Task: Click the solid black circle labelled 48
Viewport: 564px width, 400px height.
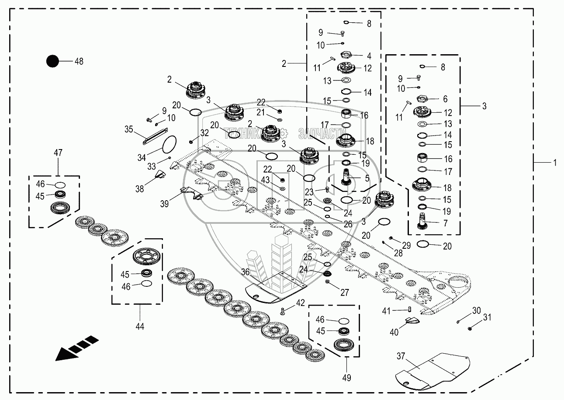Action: [52, 61]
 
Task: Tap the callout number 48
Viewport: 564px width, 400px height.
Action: [79, 62]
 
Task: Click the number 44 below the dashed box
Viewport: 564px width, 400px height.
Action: [139, 326]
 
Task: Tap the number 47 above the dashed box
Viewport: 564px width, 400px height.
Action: [58, 153]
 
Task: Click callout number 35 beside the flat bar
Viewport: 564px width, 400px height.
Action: [128, 129]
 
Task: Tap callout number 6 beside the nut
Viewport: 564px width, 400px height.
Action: [445, 99]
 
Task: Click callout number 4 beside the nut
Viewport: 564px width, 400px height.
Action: [369, 56]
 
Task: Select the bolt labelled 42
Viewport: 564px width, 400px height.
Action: [282, 311]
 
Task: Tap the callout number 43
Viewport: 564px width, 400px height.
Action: [265, 180]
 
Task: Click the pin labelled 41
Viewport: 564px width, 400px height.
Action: [410, 310]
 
